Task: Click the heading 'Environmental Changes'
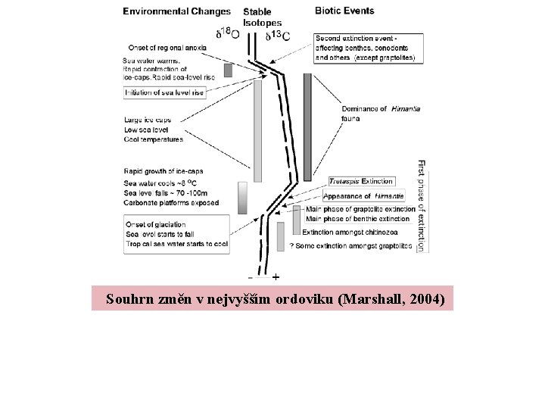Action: tap(177, 11)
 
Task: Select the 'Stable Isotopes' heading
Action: tap(262, 17)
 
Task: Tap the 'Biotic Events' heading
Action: tap(345, 11)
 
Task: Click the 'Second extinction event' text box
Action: tap(368, 48)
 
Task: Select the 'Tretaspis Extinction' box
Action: tap(361, 182)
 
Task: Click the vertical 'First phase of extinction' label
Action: tap(422, 204)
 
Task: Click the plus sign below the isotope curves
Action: tap(276, 276)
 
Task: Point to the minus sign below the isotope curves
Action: tap(250, 276)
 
